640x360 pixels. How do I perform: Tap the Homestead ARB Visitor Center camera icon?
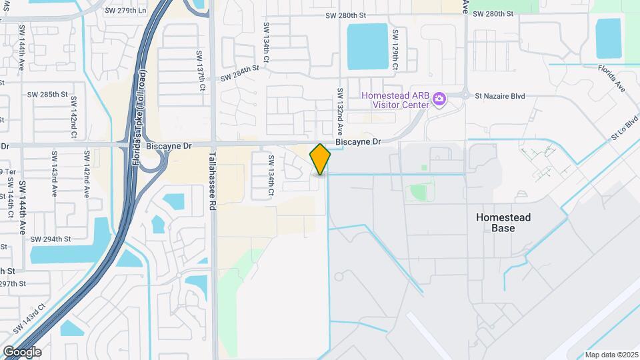pyautogui.click(x=439, y=100)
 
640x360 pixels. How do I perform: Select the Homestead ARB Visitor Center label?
pyautogui.click(x=395, y=100)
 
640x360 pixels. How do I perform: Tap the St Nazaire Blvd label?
pyautogui.click(x=499, y=96)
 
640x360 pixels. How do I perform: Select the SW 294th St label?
pyautogui.click(x=54, y=239)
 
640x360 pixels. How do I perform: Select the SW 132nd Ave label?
pyautogui.click(x=340, y=111)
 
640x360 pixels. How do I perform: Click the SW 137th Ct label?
pyautogui.click(x=200, y=71)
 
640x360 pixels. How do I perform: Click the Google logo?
pyautogui.click(x=21, y=352)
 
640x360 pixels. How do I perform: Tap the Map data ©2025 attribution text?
pyautogui.click(x=611, y=355)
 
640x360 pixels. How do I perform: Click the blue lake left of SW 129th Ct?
pyautogui.click(x=367, y=46)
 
